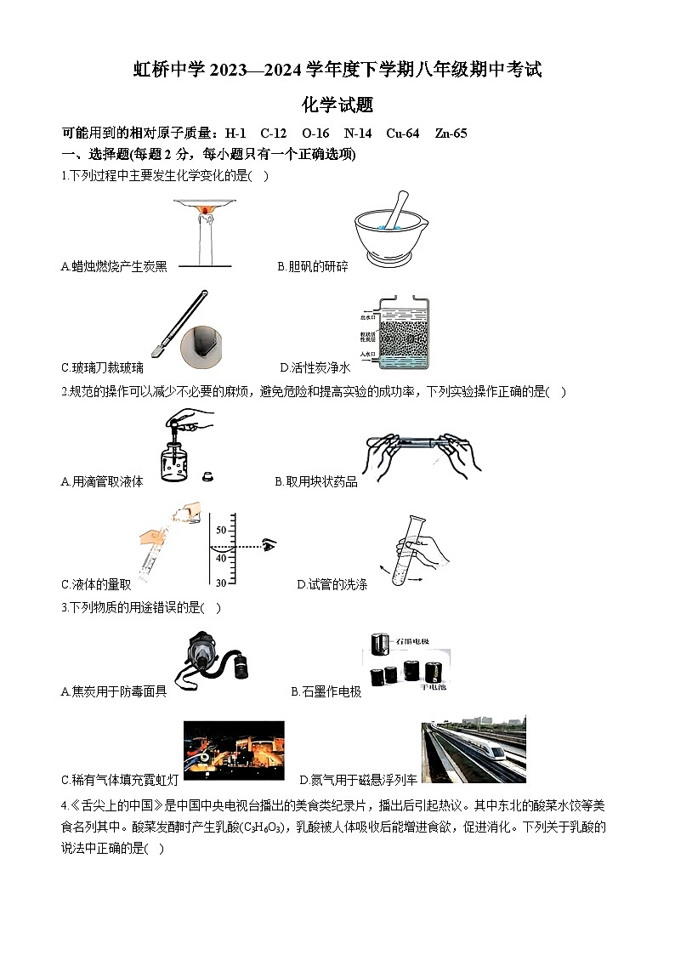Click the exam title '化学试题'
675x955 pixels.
point(337,105)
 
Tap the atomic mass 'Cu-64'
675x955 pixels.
point(402,134)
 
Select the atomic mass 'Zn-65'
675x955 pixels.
point(451,134)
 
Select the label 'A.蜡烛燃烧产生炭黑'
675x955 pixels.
point(115,267)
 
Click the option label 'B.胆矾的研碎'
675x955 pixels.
point(312,267)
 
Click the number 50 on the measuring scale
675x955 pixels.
point(221,530)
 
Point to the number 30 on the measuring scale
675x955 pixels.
point(221,583)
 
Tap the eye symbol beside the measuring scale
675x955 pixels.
point(270,545)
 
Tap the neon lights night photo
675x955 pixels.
point(234,752)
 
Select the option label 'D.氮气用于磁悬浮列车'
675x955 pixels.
point(359,780)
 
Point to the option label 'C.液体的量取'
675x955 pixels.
point(96,585)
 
